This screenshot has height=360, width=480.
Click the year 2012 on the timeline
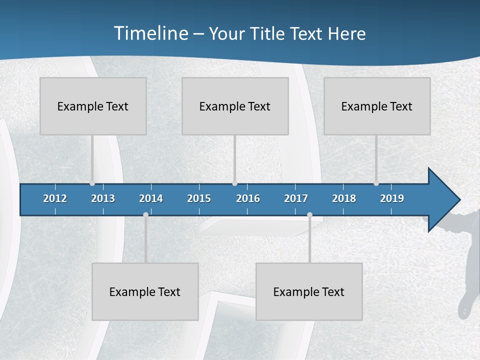pos(55,198)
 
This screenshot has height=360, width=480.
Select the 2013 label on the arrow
pos(103,198)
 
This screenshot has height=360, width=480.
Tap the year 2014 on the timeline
pos(151,198)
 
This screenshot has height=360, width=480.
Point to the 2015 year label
pos(199,198)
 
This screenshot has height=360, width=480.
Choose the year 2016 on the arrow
pos(248,198)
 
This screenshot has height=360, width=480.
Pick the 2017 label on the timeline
pos(296,198)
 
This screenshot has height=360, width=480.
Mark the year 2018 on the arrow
pos(344,198)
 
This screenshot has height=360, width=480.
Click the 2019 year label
pos(392,198)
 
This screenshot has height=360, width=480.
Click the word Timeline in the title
pos(150,33)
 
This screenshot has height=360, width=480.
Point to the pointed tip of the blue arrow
pos(459,200)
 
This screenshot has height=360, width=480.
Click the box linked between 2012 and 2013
pos(93,106)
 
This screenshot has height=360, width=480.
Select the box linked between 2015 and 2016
pos(235,106)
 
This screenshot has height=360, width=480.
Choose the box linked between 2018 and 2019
pos(377,106)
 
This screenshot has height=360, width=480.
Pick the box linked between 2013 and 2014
pos(145,291)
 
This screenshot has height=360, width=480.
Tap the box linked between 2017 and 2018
pos(309,291)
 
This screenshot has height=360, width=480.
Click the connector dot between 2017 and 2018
pos(309,215)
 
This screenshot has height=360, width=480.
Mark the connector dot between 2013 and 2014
pos(145,215)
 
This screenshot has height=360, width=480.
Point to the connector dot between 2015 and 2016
pos(235,183)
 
